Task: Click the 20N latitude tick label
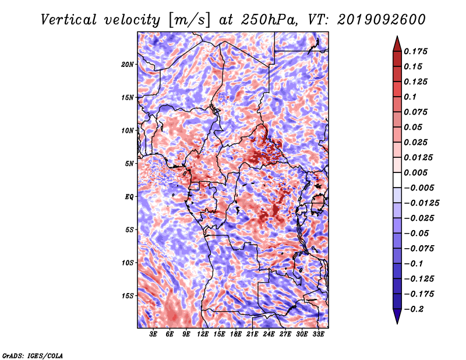[128, 65]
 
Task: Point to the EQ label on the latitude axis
[129, 197]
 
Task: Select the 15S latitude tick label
[128, 296]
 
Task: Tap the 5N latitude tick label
[129, 164]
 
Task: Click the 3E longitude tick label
[153, 334]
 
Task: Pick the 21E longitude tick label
[252, 334]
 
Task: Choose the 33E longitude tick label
[318, 334]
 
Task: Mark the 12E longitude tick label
[202, 334]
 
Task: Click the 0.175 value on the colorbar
[415, 51]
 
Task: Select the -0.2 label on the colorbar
[414, 309]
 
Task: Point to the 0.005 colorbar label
[415, 172]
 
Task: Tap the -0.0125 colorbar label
[421, 203]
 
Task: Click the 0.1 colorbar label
[410, 97]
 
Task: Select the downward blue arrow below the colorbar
[397, 316]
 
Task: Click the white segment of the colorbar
[397, 180]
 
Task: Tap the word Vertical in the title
[69, 20]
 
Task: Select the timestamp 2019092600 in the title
[382, 20]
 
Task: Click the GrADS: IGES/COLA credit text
[33, 355]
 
